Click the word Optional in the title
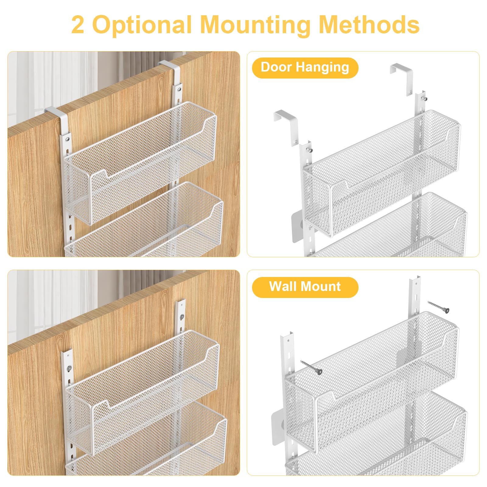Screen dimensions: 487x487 [142, 25]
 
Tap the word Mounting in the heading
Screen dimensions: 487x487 [255, 25]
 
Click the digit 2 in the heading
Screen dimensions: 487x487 [78, 25]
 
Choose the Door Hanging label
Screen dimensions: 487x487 [305, 68]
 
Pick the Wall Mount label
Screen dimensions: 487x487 [305, 287]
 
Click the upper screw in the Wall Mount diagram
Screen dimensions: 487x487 [439, 307]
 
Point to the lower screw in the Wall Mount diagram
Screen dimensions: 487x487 [311, 367]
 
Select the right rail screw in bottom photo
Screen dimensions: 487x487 [182, 317]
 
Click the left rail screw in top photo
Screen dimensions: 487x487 [68, 139]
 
